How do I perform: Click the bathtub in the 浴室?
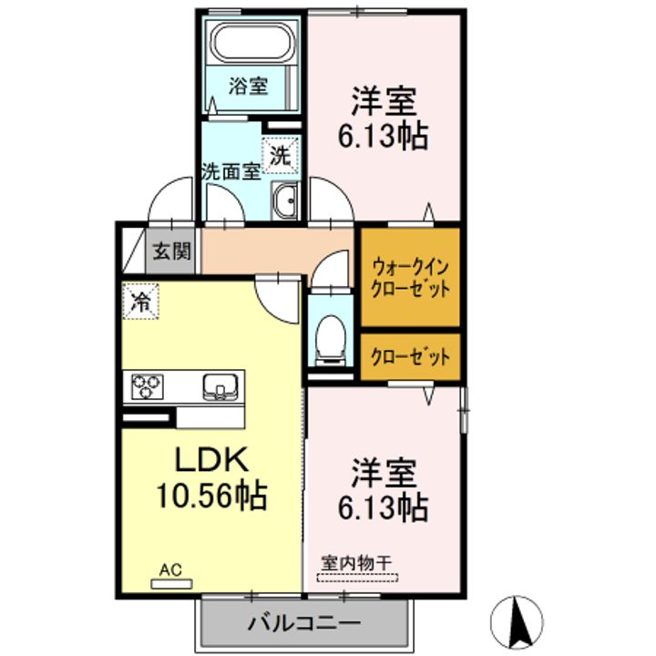click(250, 41)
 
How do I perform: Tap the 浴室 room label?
click(248, 87)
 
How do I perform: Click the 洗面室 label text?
click(231, 171)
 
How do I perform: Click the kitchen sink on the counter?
click(220, 386)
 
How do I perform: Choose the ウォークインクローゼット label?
click(409, 280)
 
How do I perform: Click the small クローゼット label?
click(409, 357)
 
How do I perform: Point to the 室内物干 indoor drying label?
click(356, 562)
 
